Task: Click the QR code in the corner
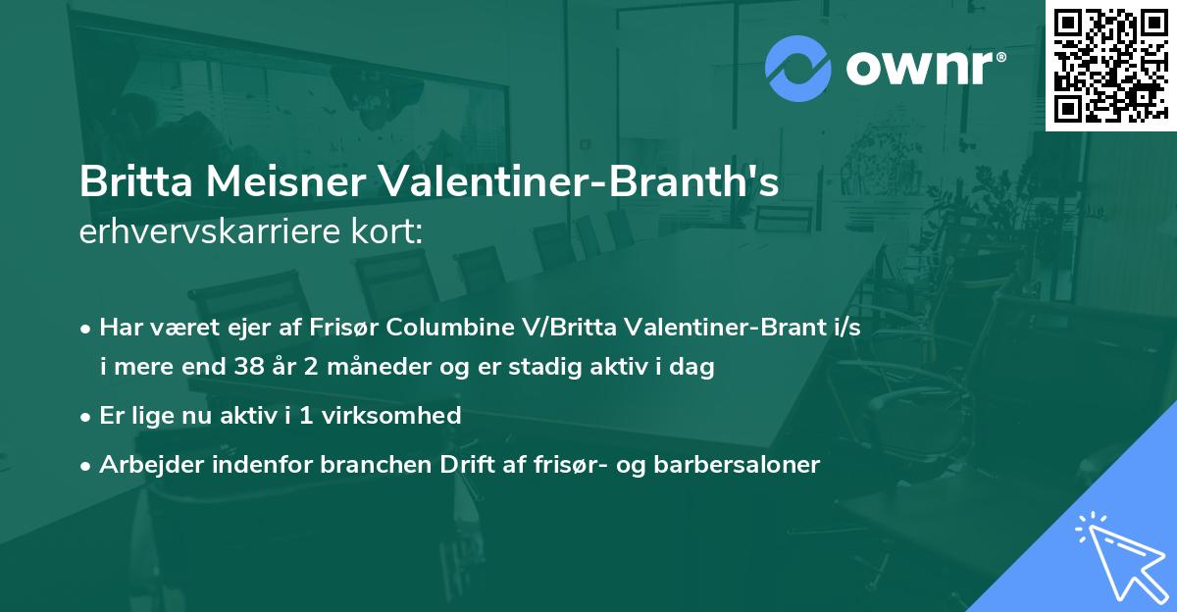1110,65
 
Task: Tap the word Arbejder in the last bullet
144,464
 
